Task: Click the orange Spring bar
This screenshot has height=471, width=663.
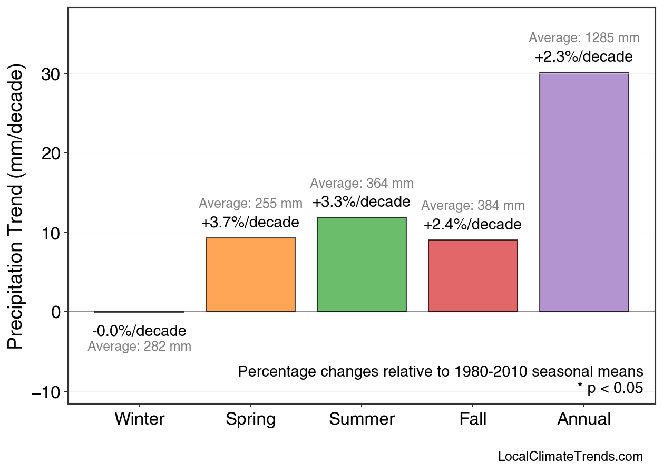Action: [250, 275]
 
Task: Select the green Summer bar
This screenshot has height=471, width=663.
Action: [362, 264]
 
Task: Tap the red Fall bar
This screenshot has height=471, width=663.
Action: [473, 276]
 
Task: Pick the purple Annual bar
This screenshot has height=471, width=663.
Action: [584, 192]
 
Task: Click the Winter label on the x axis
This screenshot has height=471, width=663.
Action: [140, 419]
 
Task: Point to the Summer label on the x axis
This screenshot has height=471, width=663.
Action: [362, 419]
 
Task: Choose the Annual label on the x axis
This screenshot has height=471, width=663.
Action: [584, 419]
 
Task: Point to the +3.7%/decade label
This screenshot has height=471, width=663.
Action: [250, 223]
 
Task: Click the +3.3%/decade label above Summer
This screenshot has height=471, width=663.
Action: [362, 202]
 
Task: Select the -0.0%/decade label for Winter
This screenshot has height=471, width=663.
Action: [139, 331]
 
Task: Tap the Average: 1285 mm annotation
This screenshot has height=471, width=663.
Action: [584, 38]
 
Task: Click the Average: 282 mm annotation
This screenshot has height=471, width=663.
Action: [139, 347]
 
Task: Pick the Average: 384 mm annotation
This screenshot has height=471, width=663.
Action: [473, 206]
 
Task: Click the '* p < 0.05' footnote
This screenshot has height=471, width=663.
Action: [610, 388]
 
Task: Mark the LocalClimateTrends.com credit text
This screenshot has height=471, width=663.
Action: [570, 457]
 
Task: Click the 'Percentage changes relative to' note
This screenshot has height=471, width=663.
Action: [441, 371]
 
